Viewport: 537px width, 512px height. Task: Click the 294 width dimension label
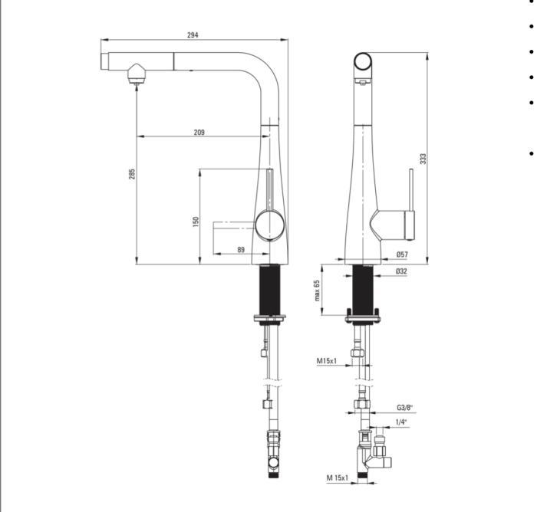tap(193, 35)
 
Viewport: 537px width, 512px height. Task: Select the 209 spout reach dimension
tap(199, 132)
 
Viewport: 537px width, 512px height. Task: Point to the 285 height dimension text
tap(132, 174)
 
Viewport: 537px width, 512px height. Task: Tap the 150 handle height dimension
tap(196, 222)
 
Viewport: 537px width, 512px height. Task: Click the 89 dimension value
tap(241, 250)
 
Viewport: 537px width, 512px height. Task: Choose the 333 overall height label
tap(423, 159)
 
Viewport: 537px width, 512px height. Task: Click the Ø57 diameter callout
tap(403, 254)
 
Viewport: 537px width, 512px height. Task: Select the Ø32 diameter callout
tap(402, 271)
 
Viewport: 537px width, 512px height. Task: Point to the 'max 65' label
tap(317, 290)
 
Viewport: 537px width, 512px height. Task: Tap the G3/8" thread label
tap(405, 407)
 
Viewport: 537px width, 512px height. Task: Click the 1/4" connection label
tap(401, 422)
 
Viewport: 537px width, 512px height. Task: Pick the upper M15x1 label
tap(326, 361)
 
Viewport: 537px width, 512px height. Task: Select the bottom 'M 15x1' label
tap(338, 478)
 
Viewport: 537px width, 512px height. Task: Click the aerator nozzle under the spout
tap(137, 74)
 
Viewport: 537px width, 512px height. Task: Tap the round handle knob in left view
tap(270, 225)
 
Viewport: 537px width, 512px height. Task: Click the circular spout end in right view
tap(363, 62)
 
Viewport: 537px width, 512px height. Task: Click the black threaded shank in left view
tap(270, 290)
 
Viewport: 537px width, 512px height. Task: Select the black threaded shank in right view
tap(363, 290)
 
